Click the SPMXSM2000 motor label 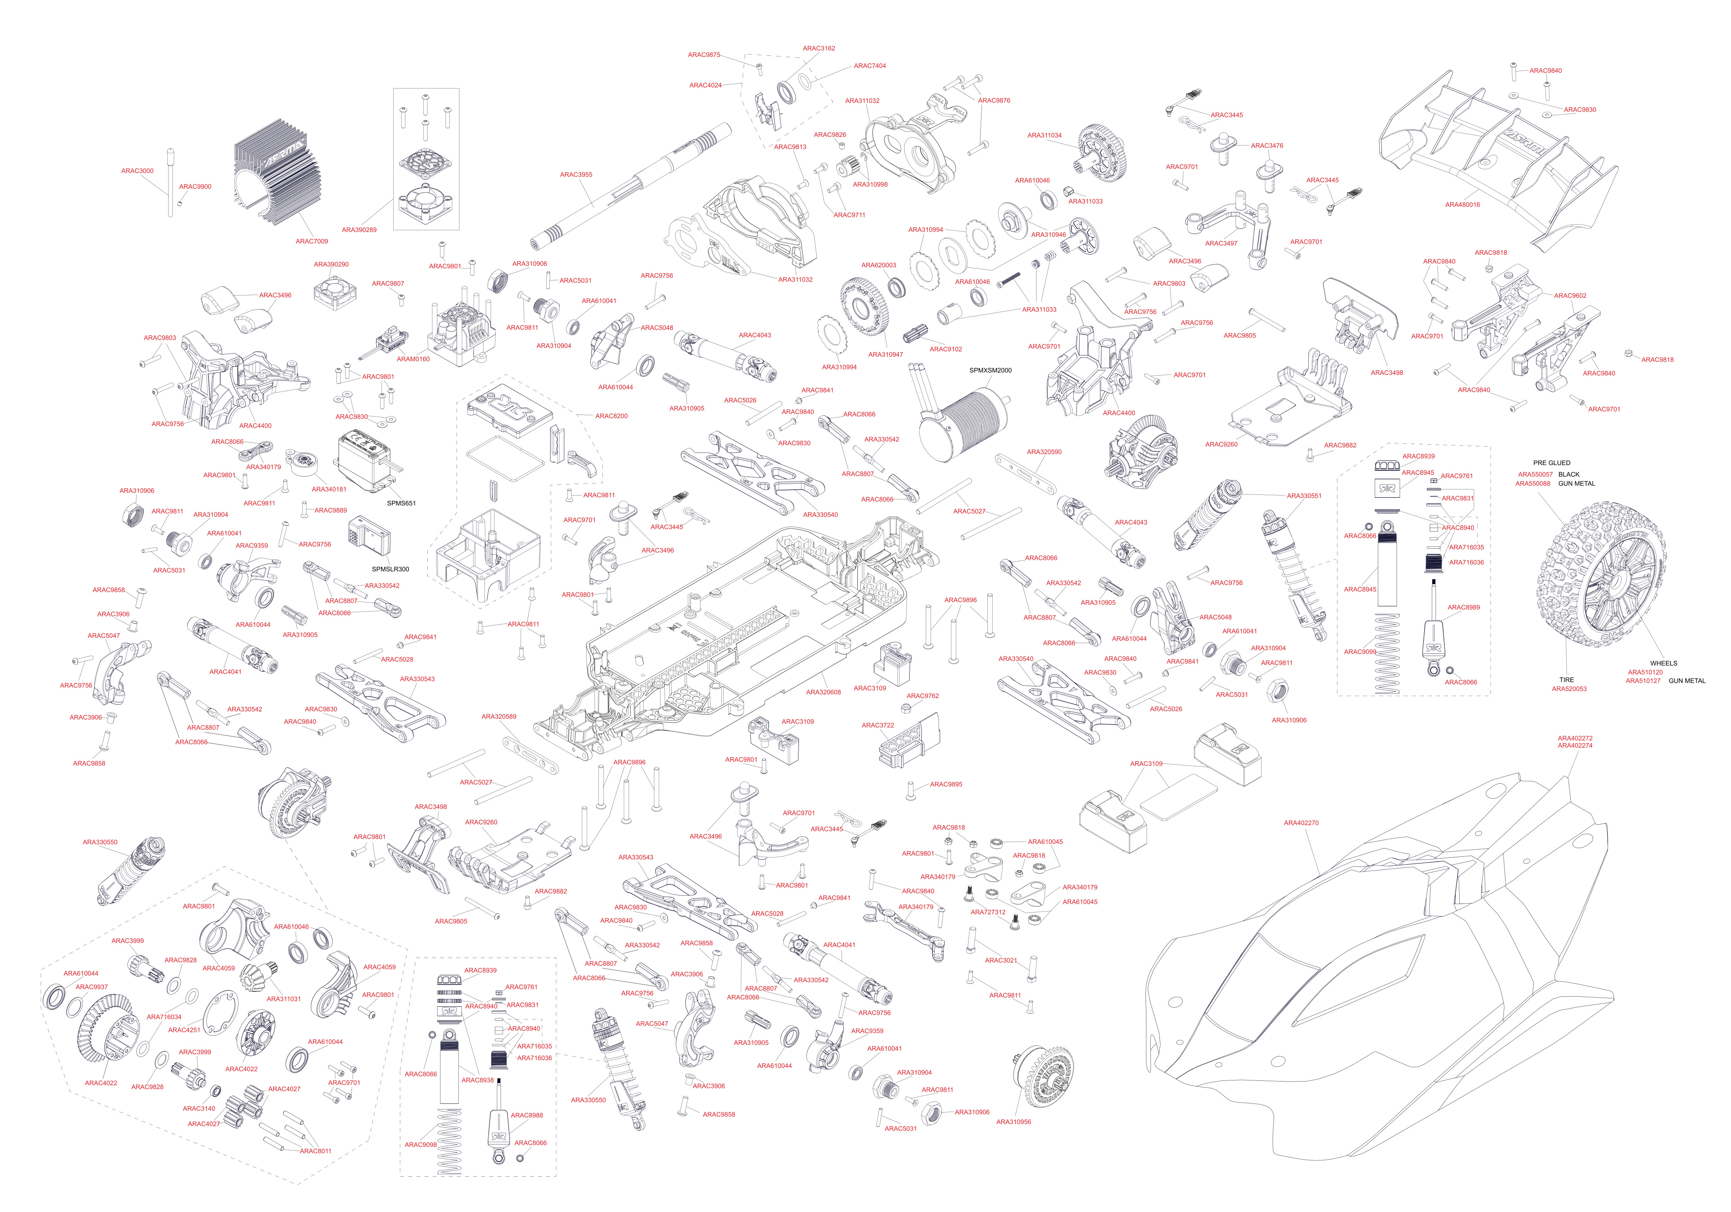(990, 370)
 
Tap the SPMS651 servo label (401, 503)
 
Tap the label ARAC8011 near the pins (315, 1151)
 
